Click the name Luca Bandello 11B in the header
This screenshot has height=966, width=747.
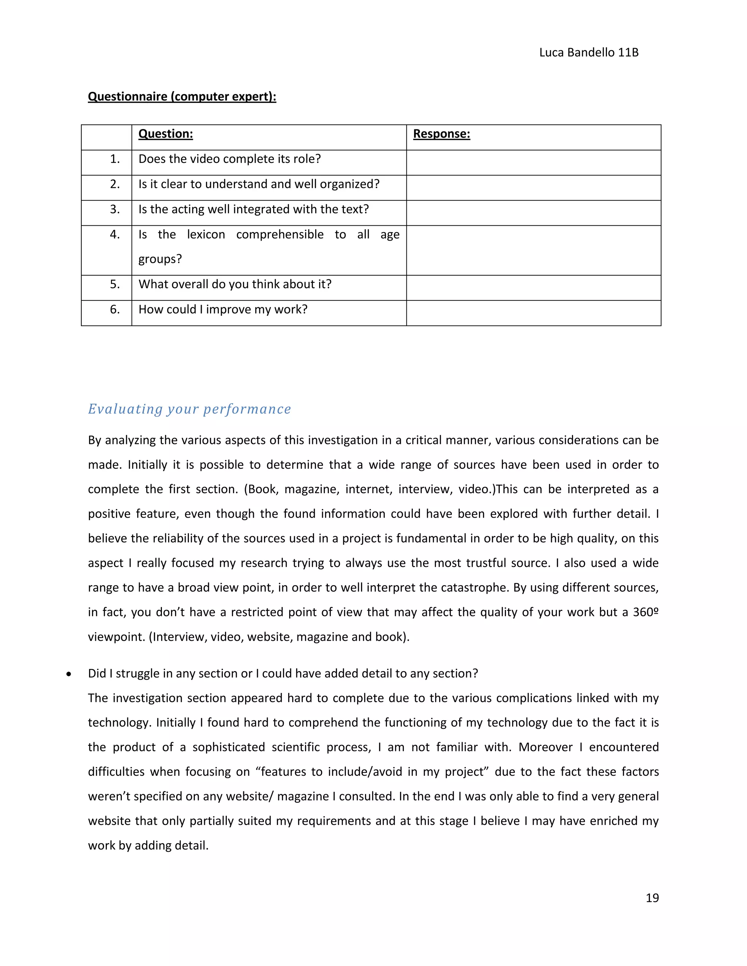tap(589, 52)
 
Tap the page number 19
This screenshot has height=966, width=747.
tap(652, 897)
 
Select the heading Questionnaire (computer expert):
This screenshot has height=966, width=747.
tap(182, 97)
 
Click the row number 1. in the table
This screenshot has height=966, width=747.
tap(115, 159)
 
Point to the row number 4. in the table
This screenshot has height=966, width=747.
tap(115, 234)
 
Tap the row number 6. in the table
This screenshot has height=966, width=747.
tap(115, 309)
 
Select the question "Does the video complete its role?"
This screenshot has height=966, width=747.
tap(229, 159)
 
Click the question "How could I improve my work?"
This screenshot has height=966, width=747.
tap(222, 309)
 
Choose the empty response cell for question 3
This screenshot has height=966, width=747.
tap(533, 213)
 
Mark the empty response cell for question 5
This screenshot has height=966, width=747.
tap(533, 288)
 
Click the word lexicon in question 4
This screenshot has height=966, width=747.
tap(206, 234)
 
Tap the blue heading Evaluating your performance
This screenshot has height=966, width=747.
tap(189, 409)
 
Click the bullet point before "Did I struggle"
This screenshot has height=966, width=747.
tap(69, 674)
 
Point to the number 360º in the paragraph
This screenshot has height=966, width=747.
tap(645, 612)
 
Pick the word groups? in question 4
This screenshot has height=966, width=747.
tap(160, 259)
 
